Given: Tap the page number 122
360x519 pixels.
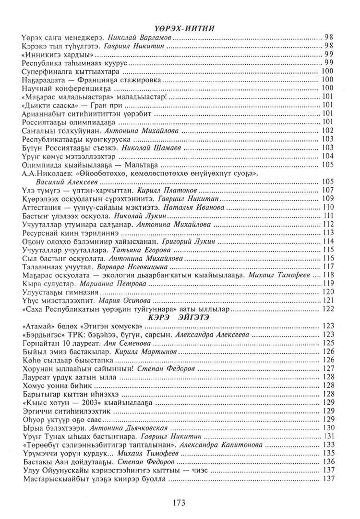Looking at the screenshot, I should tap(328, 308).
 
